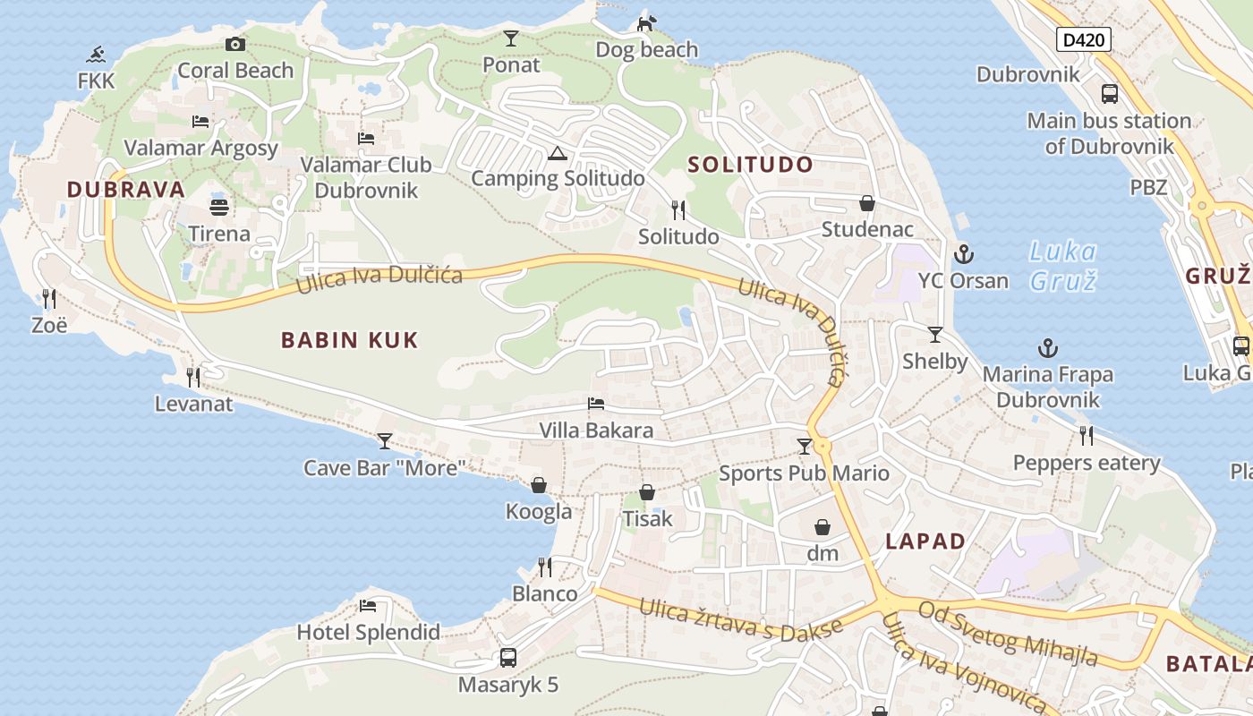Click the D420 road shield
pyautogui.click(x=1084, y=39)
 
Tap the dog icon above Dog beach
pyautogui.click(x=646, y=23)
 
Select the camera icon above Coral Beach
pyautogui.click(x=235, y=44)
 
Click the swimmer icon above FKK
pyautogui.click(x=97, y=55)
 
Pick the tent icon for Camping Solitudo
pyautogui.click(x=558, y=153)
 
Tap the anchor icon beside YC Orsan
pyautogui.click(x=964, y=253)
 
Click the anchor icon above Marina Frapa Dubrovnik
pyautogui.click(x=1047, y=347)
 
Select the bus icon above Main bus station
pyautogui.click(x=1109, y=93)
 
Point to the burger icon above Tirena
pyautogui.click(x=219, y=208)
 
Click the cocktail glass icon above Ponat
pyautogui.click(x=511, y=38)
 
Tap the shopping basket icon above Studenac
pyautogui.click(x=866, y=203)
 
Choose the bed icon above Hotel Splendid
pyautogui.click(x=368, y=606)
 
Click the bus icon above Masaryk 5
pyautogui.click(x=508, y=658)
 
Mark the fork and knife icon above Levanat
pyautogui.click(x=193, y=377)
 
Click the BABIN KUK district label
pyautogui.click(x=350, y=340)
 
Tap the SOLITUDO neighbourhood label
pyautogui.click(x=750, y=165)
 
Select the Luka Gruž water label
pyautogui.click(x=1062, y=266)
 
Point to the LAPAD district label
pyautogui.click(x=925, y=541)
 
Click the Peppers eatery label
pyautogui.click(x=1087, y=463)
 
